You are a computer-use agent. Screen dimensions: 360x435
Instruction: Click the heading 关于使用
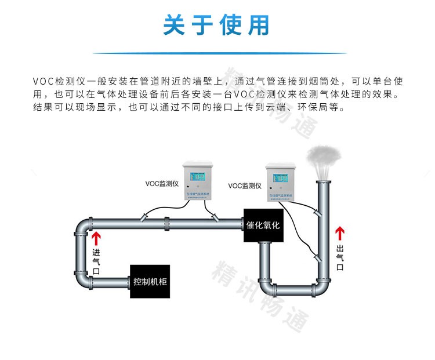point(217,25)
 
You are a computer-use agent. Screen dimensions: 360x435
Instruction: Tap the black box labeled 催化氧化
point(263,225)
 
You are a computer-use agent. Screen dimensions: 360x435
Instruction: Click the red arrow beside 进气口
point(96,237)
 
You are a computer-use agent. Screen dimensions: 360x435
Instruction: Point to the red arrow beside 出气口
point(340,234)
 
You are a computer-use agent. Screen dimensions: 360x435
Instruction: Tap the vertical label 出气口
point(340,257)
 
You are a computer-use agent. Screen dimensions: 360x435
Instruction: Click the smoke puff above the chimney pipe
point(324,157)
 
